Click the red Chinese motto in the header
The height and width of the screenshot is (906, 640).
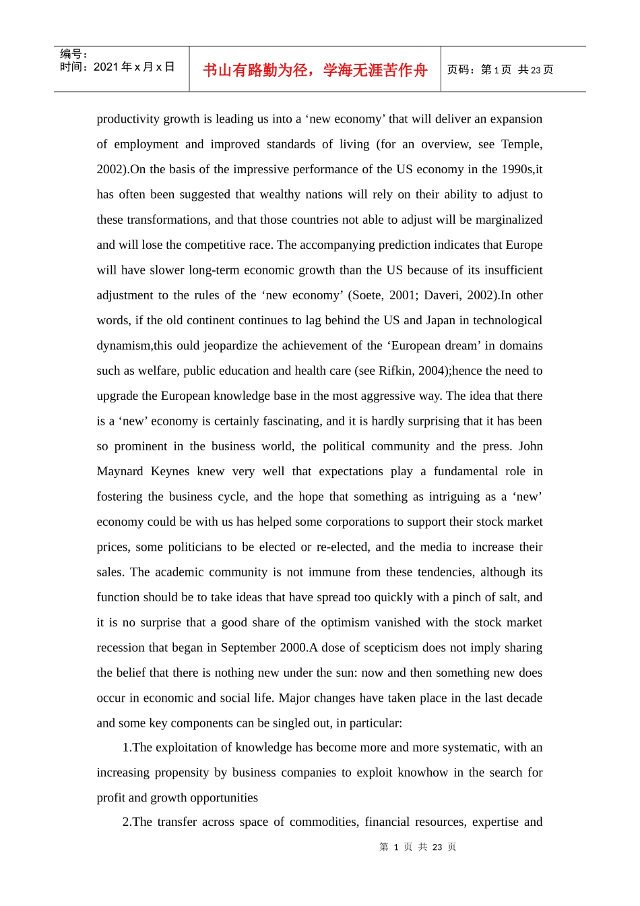315,70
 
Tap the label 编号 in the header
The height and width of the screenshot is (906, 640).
71,54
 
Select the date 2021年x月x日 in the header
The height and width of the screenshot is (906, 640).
134,67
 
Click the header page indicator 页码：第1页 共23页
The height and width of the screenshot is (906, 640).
500,70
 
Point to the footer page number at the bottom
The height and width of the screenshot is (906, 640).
418,847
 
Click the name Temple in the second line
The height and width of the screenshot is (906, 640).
521,144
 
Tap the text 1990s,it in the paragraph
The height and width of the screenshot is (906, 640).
520,169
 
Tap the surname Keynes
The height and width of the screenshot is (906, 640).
170,471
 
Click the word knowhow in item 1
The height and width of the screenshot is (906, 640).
422,773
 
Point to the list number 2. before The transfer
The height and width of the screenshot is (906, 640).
127,822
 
